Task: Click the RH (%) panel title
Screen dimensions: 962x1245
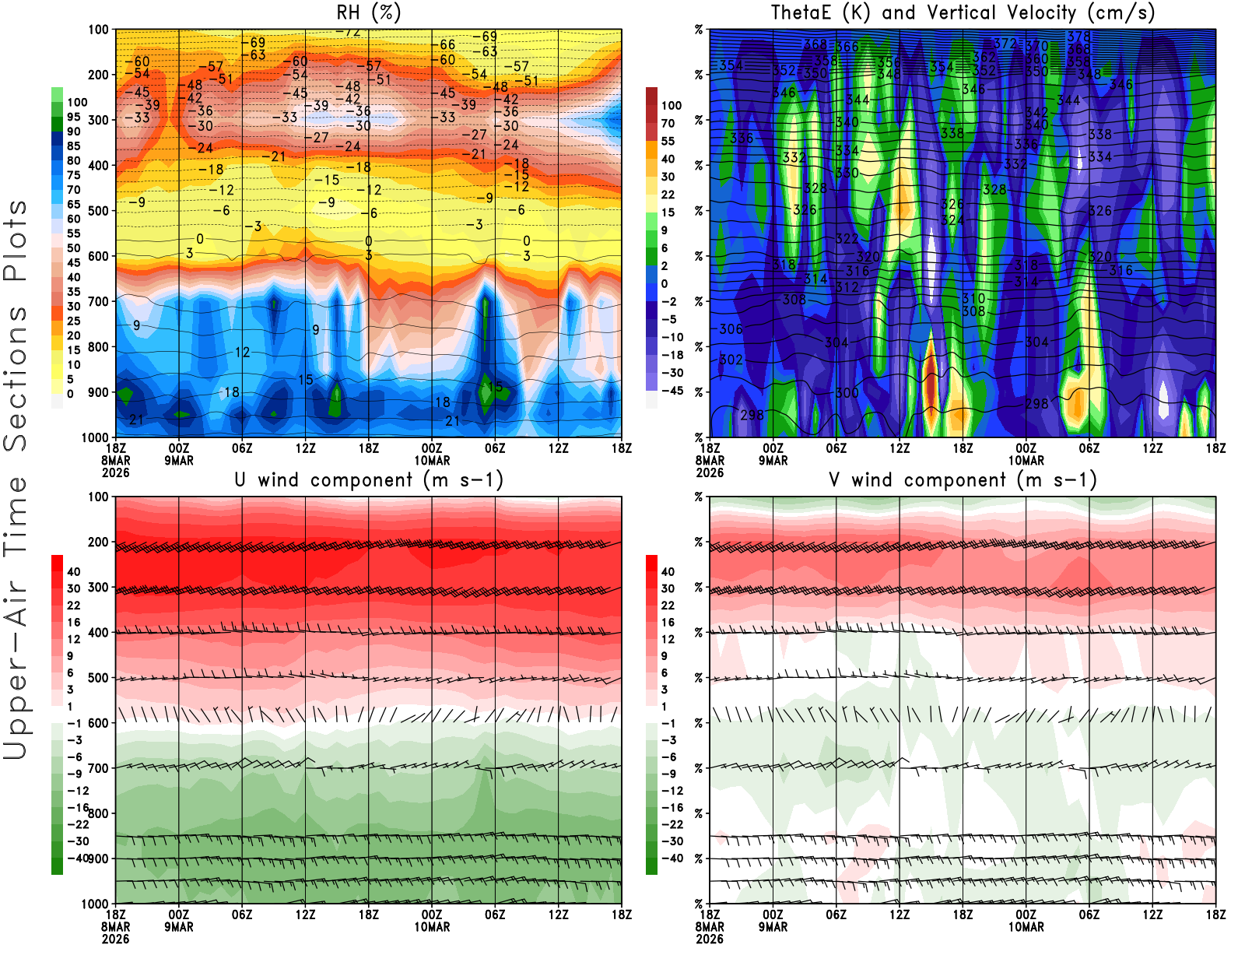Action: (369, 13)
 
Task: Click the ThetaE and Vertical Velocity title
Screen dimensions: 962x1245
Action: (963, 13)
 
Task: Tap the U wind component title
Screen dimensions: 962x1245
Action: (369, 480)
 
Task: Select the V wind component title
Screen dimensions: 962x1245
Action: (963, 480)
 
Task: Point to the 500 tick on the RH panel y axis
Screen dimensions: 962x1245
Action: (98, 211)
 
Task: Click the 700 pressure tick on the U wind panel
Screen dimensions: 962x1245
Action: (98, 768)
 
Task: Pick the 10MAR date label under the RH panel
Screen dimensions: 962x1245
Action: (432, 461)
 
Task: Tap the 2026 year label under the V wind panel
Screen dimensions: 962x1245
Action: (710, 939)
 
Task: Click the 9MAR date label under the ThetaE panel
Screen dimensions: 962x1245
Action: (773, 461)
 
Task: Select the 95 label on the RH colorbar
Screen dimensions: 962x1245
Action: (74, 117)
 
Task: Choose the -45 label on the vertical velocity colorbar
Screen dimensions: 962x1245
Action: (672, 391)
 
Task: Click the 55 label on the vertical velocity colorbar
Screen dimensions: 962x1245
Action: (668, 141)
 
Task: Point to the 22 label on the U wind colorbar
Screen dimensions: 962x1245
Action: (74, 606)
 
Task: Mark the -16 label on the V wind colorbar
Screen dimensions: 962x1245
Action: (672, 808)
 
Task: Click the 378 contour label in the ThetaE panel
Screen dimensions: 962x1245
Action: (1078, 37)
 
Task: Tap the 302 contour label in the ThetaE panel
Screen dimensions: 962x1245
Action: (731, 360)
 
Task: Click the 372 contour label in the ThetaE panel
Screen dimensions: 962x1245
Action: (1005, 44)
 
